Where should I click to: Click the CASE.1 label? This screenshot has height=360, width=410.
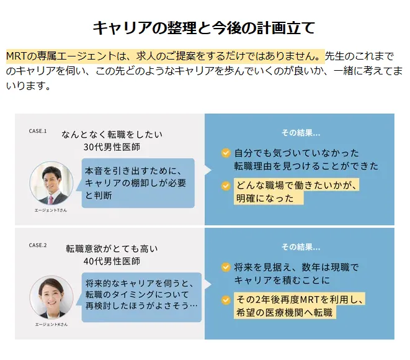(38, 131)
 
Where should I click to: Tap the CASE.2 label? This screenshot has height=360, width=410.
(38, 245)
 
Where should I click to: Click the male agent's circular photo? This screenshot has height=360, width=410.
(51, 183)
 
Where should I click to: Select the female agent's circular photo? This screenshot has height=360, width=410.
(51, 297)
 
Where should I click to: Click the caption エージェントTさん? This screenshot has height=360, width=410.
(51, 210)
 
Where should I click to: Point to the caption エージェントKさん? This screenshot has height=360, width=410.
(51, 325)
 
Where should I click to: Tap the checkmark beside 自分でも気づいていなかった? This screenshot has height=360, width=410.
(226, 153)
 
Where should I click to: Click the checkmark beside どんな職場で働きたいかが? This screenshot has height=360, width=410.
(226, 186)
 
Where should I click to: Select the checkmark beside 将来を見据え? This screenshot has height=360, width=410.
(226, 267)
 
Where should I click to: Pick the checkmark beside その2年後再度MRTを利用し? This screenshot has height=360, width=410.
(226, 300)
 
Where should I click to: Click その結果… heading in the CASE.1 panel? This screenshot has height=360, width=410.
(301, 133)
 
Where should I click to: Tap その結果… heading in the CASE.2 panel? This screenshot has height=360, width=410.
(301, 247)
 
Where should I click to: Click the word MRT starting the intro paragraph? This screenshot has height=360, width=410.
(16, 56)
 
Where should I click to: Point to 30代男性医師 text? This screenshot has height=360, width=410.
(112, 147)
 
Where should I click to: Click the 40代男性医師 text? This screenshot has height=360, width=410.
(112, 261)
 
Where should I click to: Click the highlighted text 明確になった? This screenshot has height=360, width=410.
(265, 199)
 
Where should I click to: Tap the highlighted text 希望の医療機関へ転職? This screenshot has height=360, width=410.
(284, 312)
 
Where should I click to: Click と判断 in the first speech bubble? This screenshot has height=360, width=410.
(99, 196)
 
